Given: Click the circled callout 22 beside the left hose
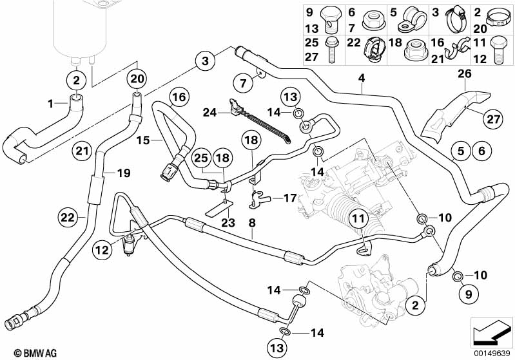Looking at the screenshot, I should [x=68, y=217].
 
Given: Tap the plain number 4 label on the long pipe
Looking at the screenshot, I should [x=362, y=79].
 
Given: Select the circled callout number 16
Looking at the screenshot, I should [x=179, y=98].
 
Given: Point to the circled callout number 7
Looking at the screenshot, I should [x=242, y=82].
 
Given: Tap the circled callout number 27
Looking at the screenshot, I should [x=492, y=118].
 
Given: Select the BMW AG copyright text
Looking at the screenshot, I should [x=23, y=353].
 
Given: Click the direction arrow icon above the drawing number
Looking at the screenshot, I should [x=492, y=334].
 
